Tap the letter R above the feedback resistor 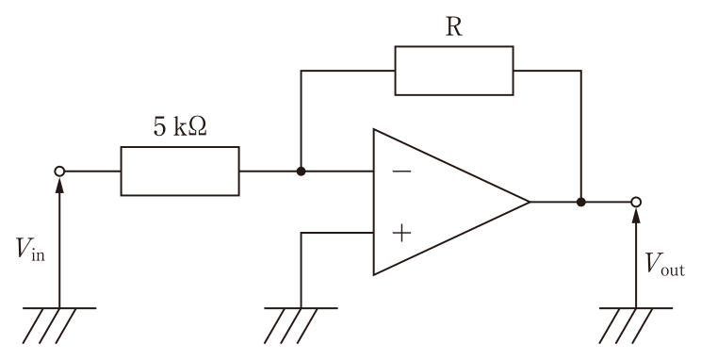454,27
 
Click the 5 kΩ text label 180,127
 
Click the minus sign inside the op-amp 401,171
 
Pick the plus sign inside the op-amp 401,233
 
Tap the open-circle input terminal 59,172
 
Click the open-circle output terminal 636,202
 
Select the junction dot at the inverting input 301,172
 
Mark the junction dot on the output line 580,202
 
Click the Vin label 30,250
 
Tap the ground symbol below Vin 59,325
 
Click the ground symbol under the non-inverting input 301,325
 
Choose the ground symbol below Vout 636,325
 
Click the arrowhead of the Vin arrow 59,184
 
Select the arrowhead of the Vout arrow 636,215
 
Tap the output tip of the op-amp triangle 530,202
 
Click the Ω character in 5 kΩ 200,127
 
